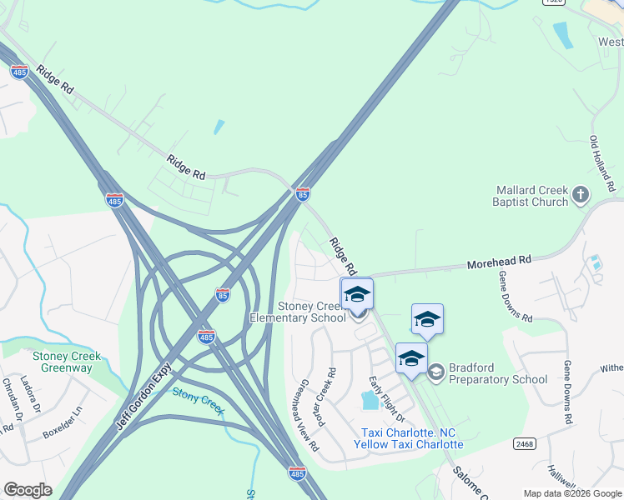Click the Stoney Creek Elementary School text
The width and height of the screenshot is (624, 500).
(299, 312)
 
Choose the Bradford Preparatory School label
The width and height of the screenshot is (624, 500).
(498, 373)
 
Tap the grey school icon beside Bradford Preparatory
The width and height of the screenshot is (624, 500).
(435, 373)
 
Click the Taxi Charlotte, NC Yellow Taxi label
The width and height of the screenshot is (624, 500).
(408, 438)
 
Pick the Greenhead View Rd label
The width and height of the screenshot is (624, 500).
(304, 415)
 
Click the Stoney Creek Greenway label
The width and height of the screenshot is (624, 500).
(67, 362)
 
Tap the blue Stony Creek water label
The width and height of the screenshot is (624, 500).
(199, 399)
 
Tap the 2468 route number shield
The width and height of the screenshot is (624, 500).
(524, 444)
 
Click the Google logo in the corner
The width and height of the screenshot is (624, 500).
(28, 490)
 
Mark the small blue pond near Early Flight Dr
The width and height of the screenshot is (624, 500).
(369, 401)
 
